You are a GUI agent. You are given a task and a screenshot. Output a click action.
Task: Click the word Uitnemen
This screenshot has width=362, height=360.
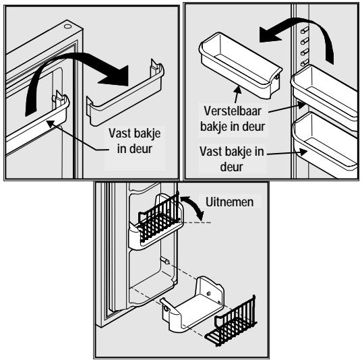click(229, 202)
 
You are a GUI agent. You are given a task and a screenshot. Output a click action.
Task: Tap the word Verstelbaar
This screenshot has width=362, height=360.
click(233, 111)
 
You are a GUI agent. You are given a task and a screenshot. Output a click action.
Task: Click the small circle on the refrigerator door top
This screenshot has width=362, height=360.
click(67, 26)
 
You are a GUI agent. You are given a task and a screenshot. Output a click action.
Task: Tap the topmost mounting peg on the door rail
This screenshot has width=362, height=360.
click(305, 30)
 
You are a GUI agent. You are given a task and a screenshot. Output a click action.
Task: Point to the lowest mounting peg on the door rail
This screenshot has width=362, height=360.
click(305, 63)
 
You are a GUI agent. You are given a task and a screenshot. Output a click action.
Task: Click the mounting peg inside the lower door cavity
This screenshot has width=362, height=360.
click(166, 261)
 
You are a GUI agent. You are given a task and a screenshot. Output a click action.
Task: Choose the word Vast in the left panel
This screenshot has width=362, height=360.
click(118, 133)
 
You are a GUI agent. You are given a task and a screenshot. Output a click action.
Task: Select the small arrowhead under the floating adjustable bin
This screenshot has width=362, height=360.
click(238, 89)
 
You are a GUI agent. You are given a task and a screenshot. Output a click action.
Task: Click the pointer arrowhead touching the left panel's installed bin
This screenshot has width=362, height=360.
click(51, 123)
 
